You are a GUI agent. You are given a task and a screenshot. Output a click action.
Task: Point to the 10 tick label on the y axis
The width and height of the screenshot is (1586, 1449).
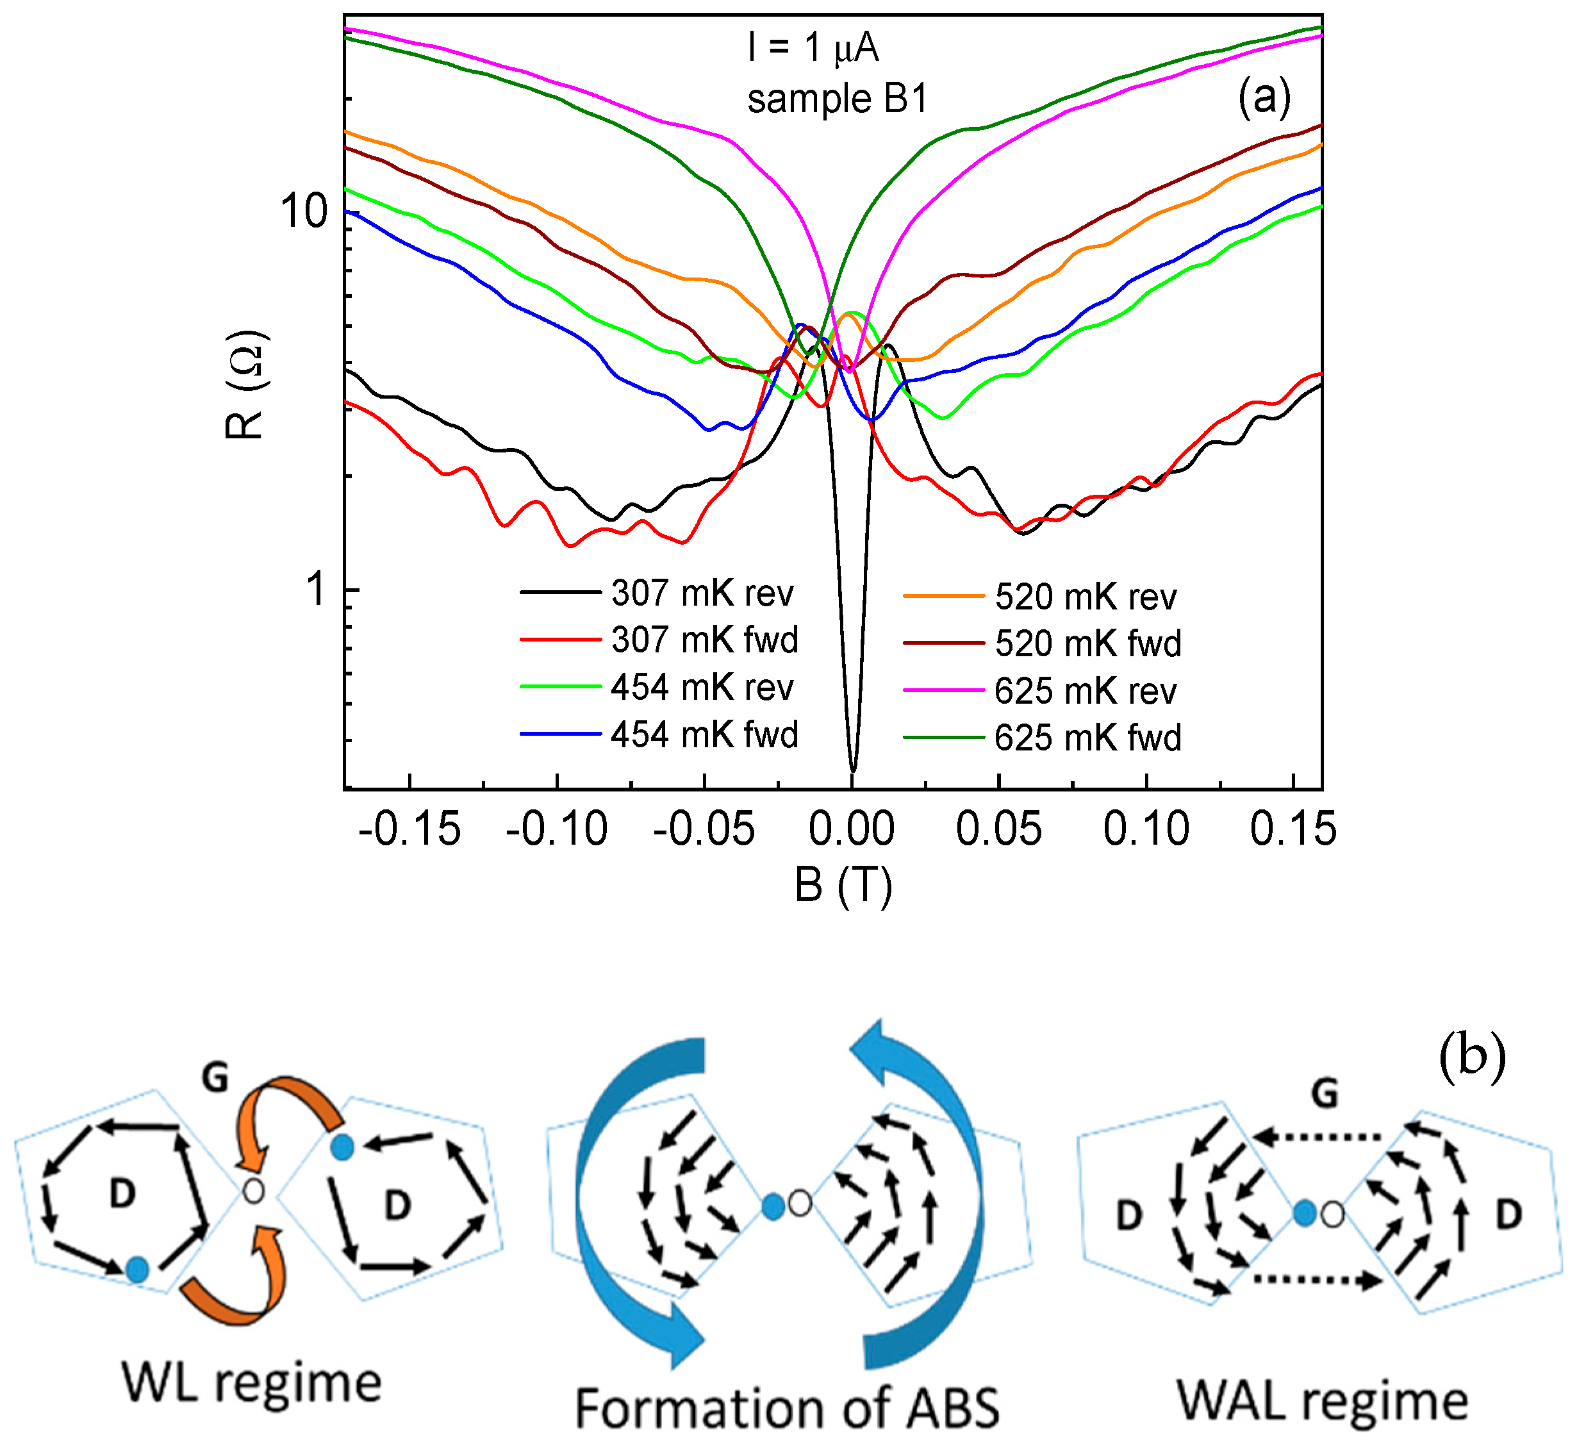(304, 211)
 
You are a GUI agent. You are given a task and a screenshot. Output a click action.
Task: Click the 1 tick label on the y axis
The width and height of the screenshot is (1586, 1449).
(317, 590)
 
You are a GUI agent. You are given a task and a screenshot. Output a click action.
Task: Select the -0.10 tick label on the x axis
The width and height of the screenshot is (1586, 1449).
(556, 830)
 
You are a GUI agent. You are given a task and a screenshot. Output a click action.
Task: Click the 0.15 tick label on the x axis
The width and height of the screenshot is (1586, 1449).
(1293, 830)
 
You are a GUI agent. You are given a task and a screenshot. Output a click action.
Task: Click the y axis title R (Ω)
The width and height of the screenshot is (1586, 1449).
(246, 384)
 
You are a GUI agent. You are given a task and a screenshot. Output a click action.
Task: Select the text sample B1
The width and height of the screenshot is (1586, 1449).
(838, 100)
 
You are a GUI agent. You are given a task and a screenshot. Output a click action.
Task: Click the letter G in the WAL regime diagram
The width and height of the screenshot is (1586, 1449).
(1326, 1094)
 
